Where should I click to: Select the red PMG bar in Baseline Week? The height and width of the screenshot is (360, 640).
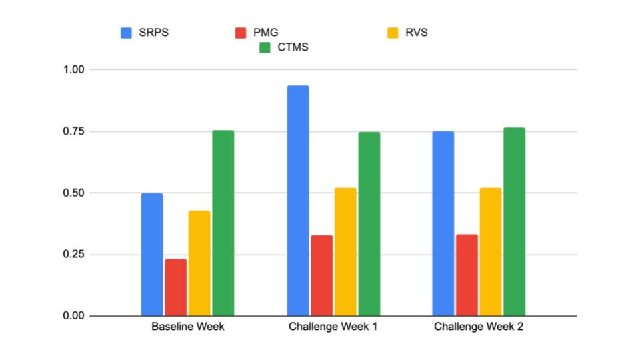[x=176, y=287]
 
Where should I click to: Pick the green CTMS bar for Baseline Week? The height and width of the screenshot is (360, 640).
[x=223, y=223]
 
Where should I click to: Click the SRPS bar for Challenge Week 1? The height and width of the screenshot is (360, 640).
[x=298, y=201]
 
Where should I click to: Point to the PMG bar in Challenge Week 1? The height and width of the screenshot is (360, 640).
[x=322, y=275]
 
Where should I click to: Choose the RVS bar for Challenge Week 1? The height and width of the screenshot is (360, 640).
[x=345, y=252]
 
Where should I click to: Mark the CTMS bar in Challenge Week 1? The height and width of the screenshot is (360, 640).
[x=369, y=224]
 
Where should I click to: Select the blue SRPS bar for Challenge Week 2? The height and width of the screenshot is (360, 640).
[x=443, y=223]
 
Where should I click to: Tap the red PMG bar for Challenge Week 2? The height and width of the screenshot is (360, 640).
[x=467, y=275]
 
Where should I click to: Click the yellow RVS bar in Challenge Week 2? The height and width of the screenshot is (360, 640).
[x=491, y=252]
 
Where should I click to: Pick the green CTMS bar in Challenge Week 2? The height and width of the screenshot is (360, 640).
[x=515, y=222]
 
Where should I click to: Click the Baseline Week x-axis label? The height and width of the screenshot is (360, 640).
[x=188, y=327]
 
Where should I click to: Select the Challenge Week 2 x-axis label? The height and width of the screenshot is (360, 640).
[x=479, y=327]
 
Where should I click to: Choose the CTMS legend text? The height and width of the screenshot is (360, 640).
[x=293, y=47]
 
